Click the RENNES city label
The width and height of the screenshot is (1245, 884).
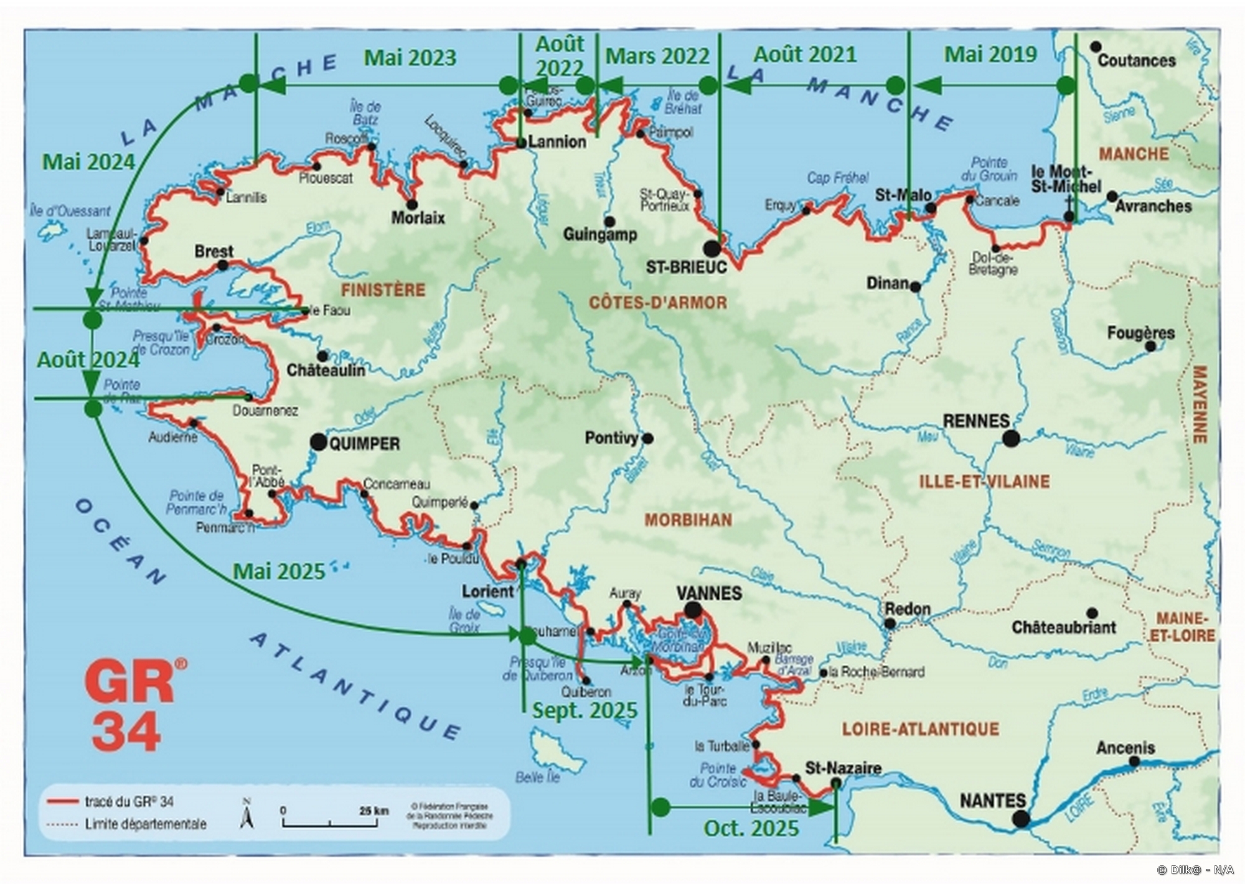pos(975,421)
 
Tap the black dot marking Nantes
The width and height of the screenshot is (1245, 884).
pos(1020,819)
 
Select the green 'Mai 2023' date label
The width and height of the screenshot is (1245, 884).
pos(410,58)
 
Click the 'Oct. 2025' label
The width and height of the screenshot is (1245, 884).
pos(751,829)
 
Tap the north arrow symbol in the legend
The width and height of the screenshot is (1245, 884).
pos(247,814)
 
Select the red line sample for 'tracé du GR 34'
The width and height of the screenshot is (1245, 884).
pos(63,802)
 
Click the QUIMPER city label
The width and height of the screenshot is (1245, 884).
pos(364,444)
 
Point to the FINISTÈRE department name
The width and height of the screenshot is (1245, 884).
pos(383,290)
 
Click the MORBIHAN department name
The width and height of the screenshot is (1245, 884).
pos(688,520)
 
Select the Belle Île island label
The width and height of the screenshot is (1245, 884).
pos(538,778)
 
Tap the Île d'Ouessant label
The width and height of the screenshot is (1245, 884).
pos(70,211)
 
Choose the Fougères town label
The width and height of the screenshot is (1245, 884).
pos(1140,333)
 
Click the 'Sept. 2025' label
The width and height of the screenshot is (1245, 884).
pos(584,710)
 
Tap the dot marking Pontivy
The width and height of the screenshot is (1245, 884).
pos(647,439)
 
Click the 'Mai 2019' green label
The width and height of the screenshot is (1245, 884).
pos(990,55)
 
